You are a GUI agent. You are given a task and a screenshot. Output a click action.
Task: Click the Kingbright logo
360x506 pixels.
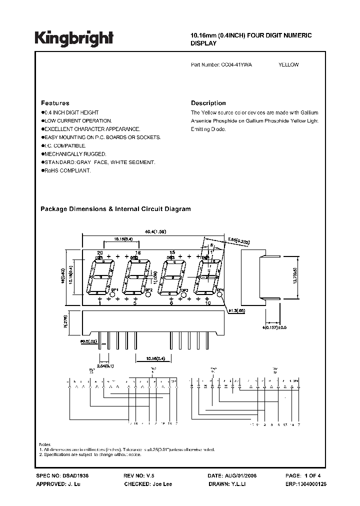pyautogui.click(x=73, y=37)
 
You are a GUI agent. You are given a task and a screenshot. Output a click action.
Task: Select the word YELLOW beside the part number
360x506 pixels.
pyautogui.click(x=288, y=64)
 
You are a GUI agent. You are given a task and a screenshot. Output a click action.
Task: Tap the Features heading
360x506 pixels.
pyautogui.click(x=55, y=103)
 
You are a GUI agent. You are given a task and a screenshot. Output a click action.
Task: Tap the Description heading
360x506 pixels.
pyautogui.click(x=208, y=103)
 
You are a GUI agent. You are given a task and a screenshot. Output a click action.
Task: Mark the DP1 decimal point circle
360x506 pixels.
pyautogui.click(x=113, y=294)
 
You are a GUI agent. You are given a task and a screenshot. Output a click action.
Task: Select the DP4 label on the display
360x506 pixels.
pyautogui.click(x=220, y=289)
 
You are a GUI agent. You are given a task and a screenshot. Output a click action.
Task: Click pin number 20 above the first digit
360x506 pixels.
pyautogui.click(x=100, y=253)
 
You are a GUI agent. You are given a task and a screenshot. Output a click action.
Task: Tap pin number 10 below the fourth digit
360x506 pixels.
pyautogui.click(x=208, y=303)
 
